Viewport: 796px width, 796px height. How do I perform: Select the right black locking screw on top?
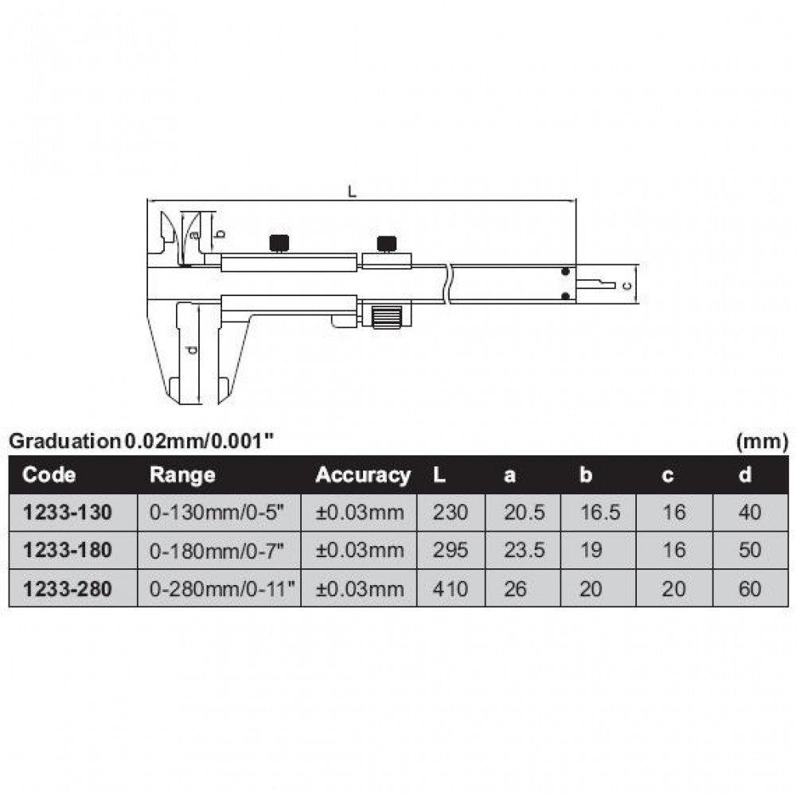(387, 243)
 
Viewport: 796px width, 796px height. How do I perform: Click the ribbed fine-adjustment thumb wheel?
(386, 317)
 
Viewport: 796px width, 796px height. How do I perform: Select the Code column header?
(49, 475)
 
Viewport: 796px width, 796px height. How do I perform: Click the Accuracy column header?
(363, 475)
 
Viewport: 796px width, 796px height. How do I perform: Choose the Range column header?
(182, 475)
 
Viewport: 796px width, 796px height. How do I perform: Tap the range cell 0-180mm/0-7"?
(217, 551)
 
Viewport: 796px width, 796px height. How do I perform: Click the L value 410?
(451, 589)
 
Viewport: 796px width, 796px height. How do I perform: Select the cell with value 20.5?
(525, 513)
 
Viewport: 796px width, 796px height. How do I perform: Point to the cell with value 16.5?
(599, 513)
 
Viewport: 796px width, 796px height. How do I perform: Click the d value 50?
(749, 551)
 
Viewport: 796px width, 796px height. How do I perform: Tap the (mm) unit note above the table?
(762, 439)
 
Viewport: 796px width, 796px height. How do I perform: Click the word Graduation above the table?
(64, 439)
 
